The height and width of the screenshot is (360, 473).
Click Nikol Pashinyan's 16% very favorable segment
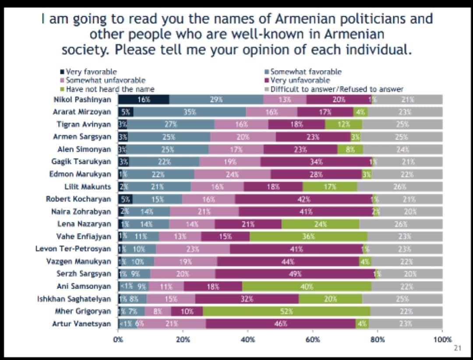(144, 99)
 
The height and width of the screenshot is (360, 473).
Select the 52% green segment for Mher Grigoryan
(286, 311)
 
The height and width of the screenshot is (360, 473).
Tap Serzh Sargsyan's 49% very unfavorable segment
(295, 274)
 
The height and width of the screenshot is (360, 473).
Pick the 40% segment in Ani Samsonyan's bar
(307, 286)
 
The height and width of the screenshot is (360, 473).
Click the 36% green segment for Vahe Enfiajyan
(308, 236)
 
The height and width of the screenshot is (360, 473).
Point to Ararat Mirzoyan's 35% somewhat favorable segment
(190, 112)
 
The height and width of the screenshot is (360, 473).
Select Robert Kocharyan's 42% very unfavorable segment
(303, 199)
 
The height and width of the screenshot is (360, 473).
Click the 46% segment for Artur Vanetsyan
(281, 324)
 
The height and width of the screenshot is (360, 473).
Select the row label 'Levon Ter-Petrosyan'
(73, 249)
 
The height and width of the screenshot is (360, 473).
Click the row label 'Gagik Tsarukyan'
(81, 162)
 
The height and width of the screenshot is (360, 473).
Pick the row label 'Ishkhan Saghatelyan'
(74, 299)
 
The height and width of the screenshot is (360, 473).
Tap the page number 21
(458, 348)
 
